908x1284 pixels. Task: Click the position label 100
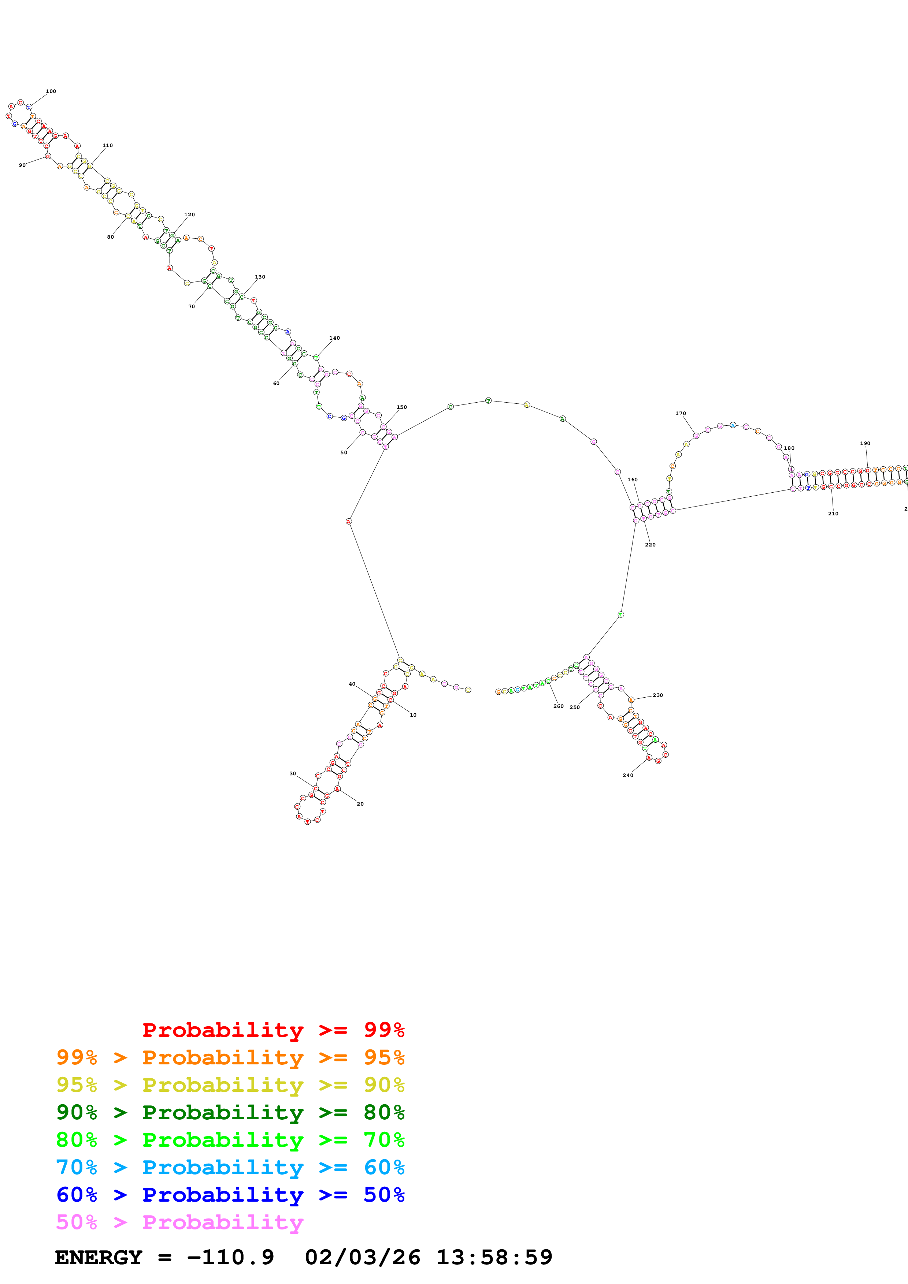(51, 91)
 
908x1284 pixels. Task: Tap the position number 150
(402, 407)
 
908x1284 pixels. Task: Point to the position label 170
(680, 413)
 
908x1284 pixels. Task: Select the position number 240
(628, 775)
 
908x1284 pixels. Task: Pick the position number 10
(413, 715)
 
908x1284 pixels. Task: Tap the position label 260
(558, 706)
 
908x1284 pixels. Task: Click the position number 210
(833, 514)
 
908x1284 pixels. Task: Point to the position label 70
(191, 306)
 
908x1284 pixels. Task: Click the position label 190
(865, 444)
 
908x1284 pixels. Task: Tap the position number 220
(650, 545)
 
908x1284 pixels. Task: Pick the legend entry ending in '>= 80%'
(230, 1112)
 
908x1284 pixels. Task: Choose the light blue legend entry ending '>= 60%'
(230, 1168)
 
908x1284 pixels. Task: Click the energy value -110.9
(230, 1257)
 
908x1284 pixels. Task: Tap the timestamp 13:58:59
(494, 1257)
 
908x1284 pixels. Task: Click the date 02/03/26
(363, 1257)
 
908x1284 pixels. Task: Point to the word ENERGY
(99, 1257)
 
